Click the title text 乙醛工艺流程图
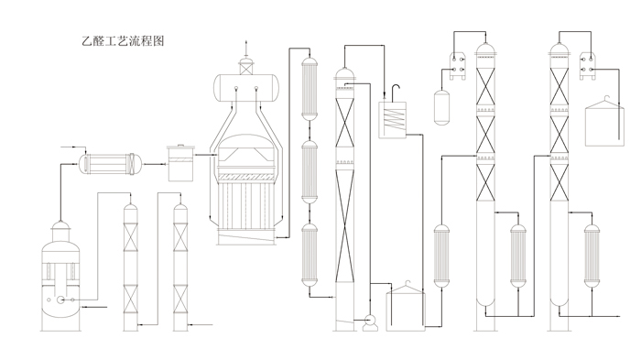click(x=123, y=41)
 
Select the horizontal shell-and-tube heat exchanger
click(x=110, y=164)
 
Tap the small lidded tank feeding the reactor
click(x=181, y=163)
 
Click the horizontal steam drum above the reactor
click(x=246, y=88)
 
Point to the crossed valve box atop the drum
click(x=246, y=68)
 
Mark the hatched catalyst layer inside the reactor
click(x=245, y=177)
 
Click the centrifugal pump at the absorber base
click(x=371, y=322)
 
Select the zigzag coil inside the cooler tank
click(x=394, y=120)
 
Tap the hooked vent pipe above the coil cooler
click(x=396, y=93)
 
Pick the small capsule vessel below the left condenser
click(x=441, y=107)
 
